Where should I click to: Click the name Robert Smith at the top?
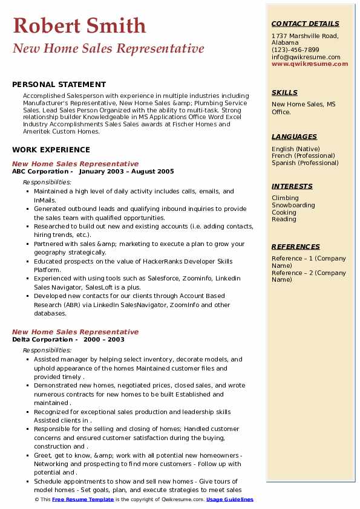(79, 26)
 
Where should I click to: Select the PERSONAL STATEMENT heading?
(59, 85)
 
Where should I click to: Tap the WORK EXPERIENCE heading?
(51, 150)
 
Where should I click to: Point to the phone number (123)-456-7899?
(295, 50)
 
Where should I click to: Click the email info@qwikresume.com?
(306, 57)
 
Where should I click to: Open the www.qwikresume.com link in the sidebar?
(310, 63)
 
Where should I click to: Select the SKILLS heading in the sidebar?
(284, 92)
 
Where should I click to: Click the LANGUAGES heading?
(294, 137)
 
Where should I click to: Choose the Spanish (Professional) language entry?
(305, 163)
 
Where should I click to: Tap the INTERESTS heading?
(292, 186)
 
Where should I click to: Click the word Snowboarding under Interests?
(293, 205)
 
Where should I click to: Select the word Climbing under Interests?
(285, 198)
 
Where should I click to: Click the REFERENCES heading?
(296, 247)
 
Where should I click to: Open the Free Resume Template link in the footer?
(83, 499)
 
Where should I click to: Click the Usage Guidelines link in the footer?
(230, 499)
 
